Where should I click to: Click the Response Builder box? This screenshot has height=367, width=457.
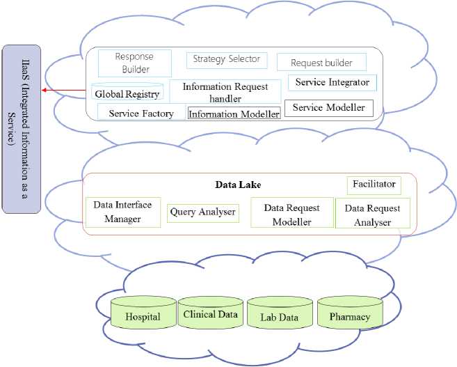135,63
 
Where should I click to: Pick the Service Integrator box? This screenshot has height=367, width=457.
332,82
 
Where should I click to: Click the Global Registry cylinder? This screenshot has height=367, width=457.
127,93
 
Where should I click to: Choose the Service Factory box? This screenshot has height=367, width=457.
141,113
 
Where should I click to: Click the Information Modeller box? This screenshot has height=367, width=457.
234,114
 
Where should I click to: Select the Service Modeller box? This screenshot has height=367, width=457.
328,108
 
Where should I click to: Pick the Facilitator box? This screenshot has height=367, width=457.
373,185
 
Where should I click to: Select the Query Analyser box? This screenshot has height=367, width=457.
202,212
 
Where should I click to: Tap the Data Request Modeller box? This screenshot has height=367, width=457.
292,214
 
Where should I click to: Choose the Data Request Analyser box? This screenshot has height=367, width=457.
372,214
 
